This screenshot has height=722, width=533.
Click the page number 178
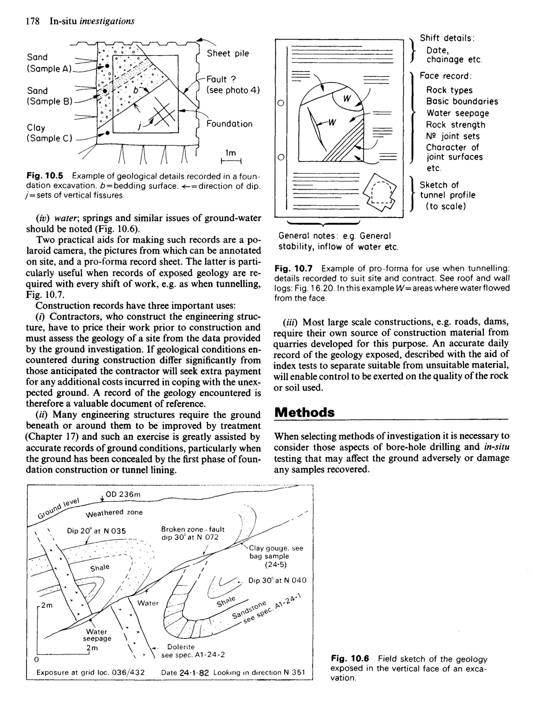pos(33,21)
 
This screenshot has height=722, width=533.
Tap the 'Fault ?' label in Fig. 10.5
pos(221,79)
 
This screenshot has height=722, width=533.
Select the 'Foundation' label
pos(229,124)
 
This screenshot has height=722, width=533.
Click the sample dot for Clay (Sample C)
pos(107,132)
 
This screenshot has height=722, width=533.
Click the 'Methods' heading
pos(304,413)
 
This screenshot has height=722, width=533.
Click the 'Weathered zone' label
pos(114,513)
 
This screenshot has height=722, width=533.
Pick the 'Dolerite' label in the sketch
pos(181,647)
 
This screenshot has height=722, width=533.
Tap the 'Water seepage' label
pos(97,635)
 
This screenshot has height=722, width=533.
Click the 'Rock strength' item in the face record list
pos(455,125)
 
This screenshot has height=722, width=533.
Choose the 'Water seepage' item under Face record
pos(458,113)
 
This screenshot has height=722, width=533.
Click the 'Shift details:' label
pos(447,38)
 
